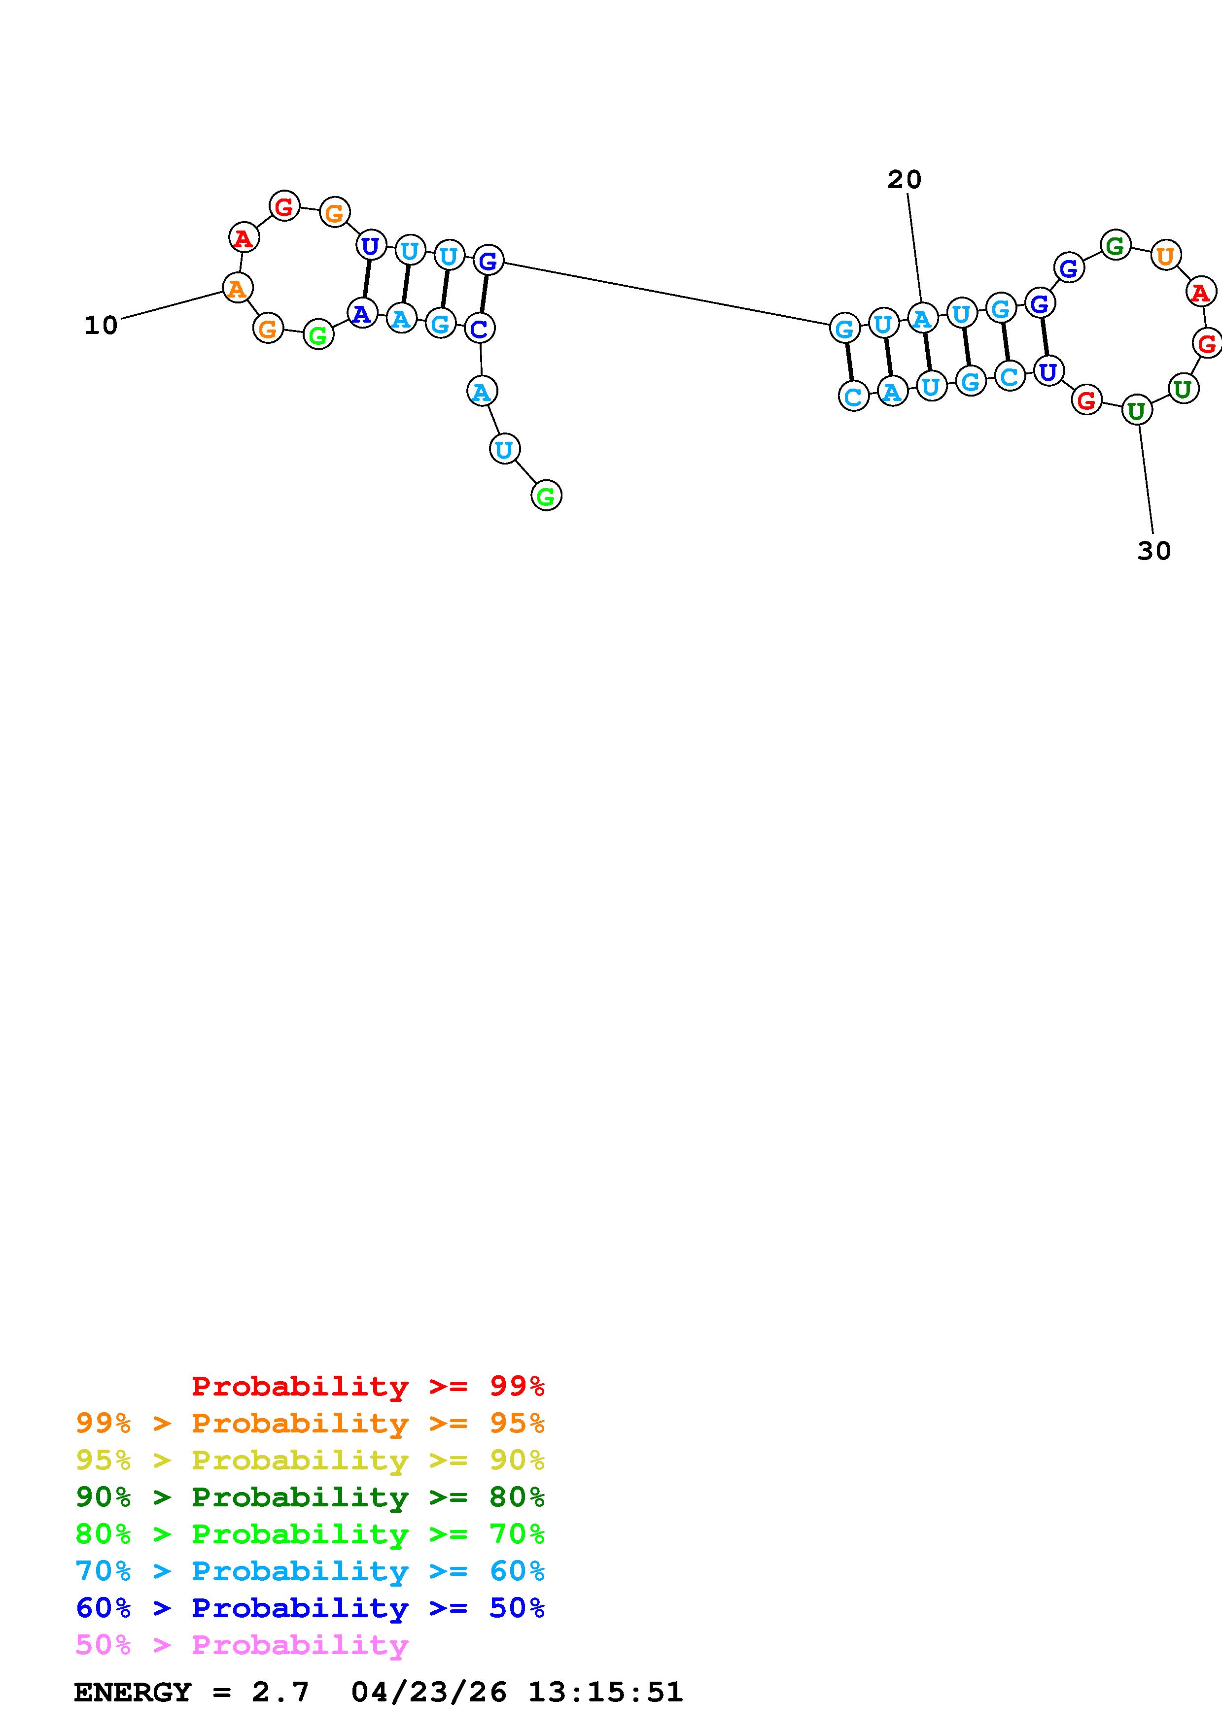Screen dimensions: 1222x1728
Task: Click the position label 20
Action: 904,180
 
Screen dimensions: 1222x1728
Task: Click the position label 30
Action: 1153,551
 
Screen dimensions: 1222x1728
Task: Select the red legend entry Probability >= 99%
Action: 367,1386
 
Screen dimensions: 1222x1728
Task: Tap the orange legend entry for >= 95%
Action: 310,1423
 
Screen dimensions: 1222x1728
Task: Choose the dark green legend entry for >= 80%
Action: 310,1497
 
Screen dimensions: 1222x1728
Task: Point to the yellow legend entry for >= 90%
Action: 310,1460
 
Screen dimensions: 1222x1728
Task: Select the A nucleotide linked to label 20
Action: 922,318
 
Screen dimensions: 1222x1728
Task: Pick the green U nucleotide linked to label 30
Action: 1136,411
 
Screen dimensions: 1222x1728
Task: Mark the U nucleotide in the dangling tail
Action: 504,449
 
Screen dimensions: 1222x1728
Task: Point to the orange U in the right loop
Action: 1165,256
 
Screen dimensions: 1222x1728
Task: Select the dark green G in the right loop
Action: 1115,245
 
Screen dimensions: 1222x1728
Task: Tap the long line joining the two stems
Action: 666,294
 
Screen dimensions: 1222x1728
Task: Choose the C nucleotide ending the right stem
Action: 853,395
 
